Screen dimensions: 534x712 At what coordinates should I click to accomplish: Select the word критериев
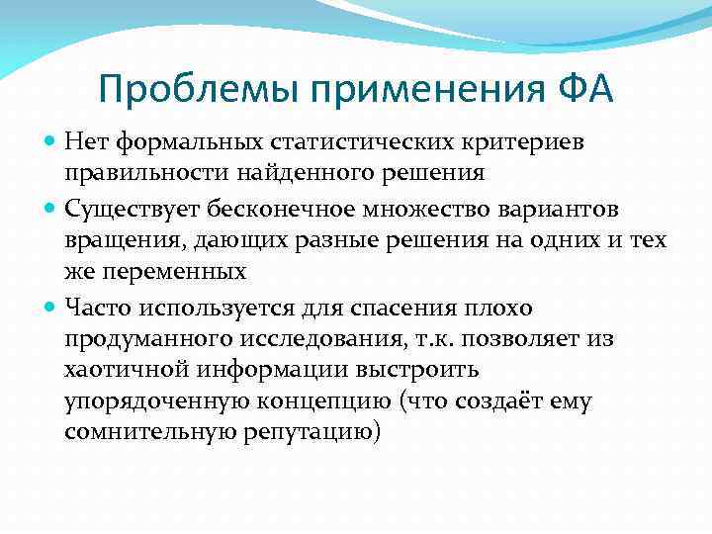(x=520, y=144)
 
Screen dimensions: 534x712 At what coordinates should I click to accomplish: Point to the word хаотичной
(x=121, y=370)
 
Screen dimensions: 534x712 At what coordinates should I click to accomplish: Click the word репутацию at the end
(x=316, y=434)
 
